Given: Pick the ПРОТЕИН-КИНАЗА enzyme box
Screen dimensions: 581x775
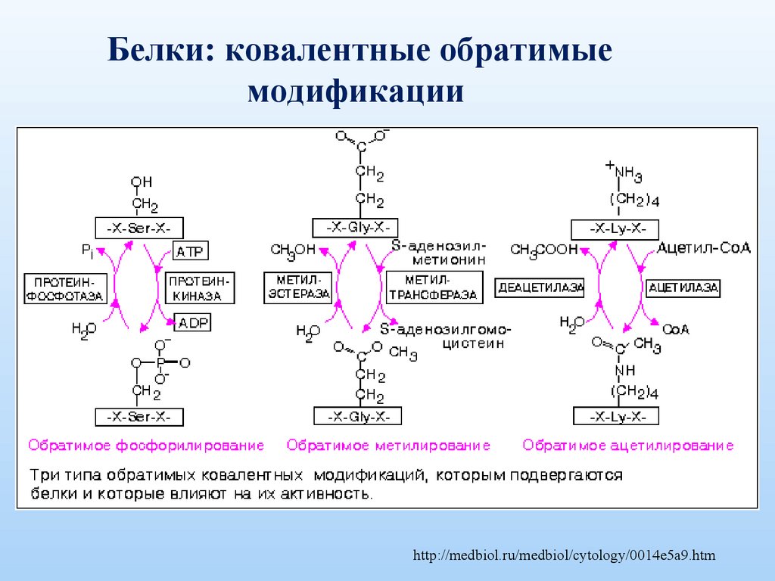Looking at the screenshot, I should click(200, 287).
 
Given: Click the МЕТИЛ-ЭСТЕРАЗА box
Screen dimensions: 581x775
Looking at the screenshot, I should click(299, 287).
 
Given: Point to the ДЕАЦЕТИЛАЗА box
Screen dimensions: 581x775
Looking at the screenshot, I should click(541, 287).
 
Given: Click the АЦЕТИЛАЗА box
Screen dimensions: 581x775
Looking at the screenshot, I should click(683, 287).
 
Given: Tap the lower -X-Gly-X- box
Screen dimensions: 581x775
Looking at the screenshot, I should click(357, 416).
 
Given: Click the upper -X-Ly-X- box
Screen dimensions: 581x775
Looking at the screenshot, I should click(615, 229).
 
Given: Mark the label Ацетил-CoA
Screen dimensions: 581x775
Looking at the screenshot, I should click(704, 248).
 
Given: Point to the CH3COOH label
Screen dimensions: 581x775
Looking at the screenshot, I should click(544, 250).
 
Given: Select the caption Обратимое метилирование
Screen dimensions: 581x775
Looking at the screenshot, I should click(388, 446).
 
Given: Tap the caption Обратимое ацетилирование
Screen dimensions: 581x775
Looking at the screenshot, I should click(628, 446).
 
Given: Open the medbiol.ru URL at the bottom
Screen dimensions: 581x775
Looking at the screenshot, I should click(564, 556).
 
